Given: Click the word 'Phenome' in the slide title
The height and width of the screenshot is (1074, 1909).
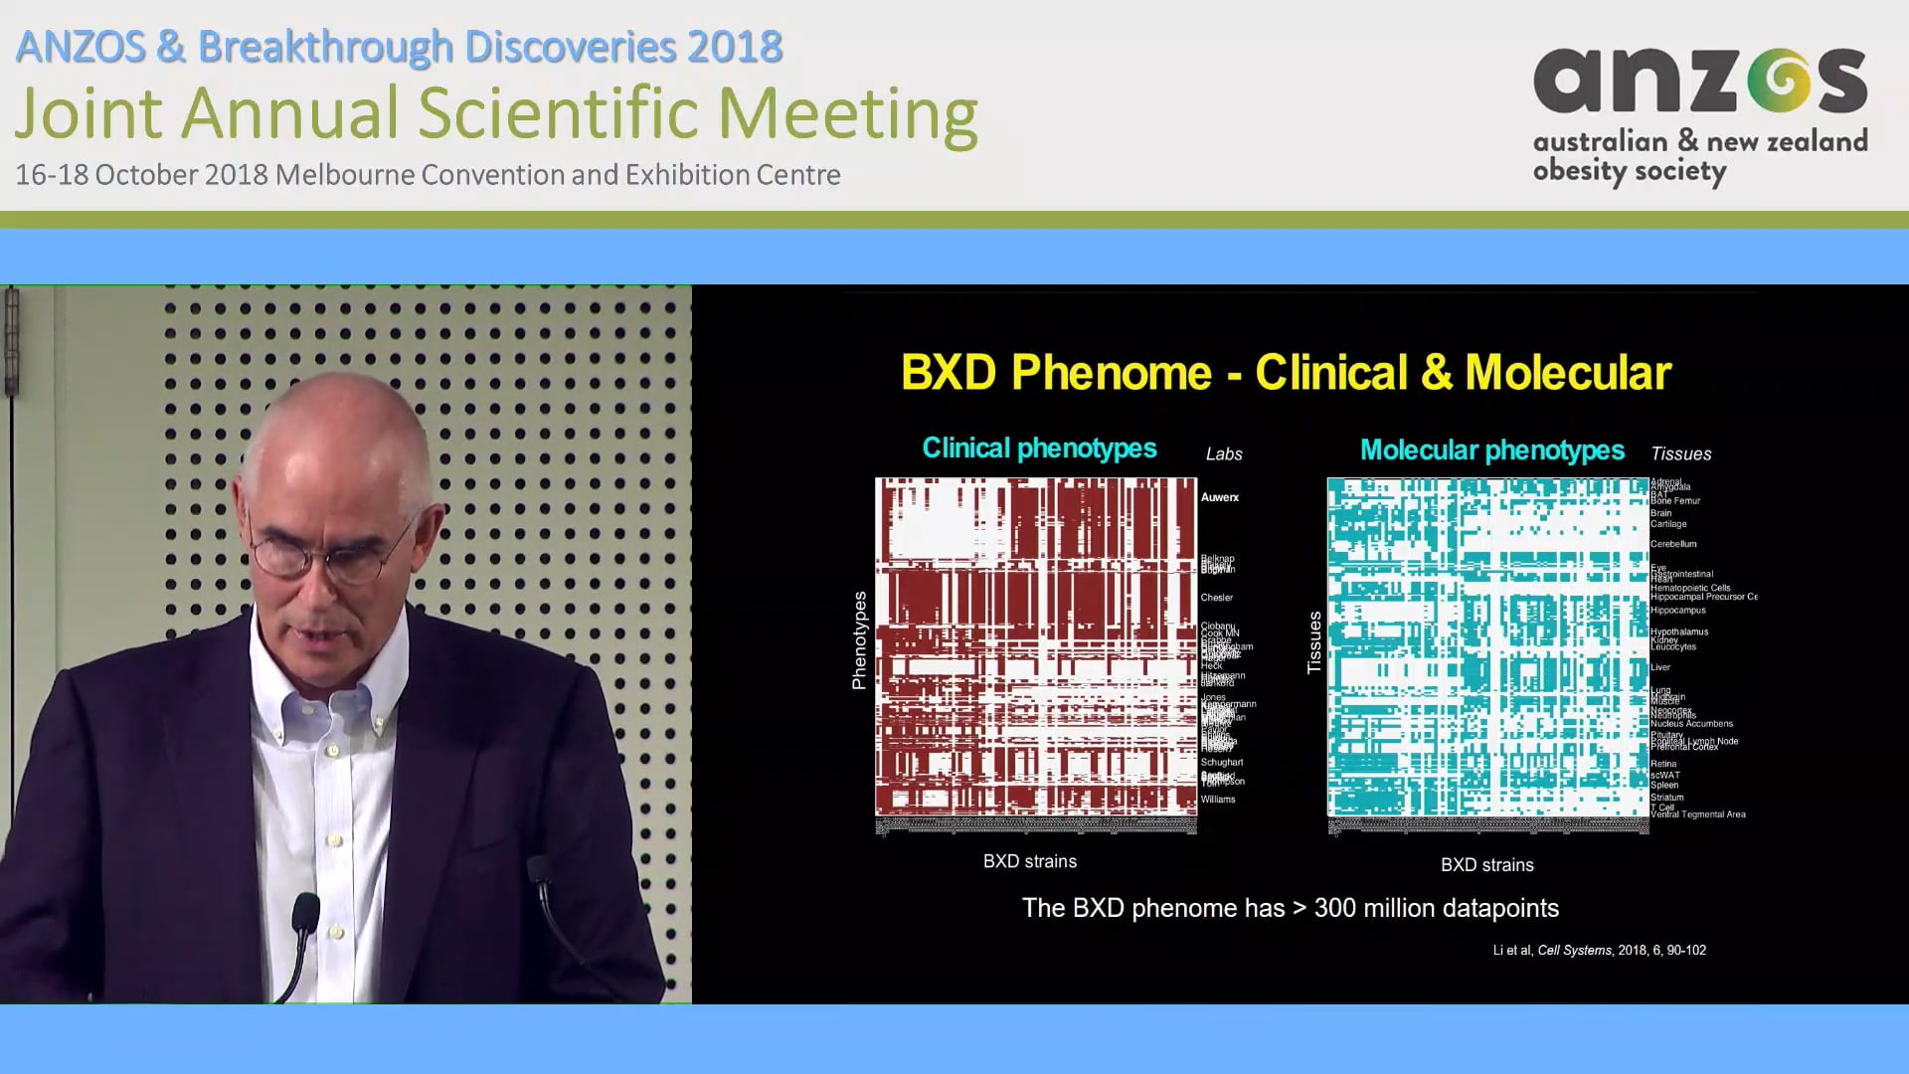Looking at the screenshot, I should click(x=1111, y=373).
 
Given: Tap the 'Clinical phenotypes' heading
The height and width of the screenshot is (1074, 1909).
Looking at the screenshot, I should click(x=1039, y=448).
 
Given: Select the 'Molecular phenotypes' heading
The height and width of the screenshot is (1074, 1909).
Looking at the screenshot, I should click(x=1491, y=450).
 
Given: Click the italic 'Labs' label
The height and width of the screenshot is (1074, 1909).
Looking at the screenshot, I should click(x=1224, y=454).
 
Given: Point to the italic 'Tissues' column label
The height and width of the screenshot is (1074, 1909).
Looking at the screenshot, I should click(x=1680, y=454).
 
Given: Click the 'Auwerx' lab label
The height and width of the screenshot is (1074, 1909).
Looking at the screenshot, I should click(x=1219, y=497).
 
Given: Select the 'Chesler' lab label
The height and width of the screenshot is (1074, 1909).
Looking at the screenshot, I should click(x=1216, y=598).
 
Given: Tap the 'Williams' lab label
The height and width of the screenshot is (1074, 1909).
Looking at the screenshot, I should click(x=1217, y=800).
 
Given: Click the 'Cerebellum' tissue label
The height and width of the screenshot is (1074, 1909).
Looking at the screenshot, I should click(x=1673, y=544).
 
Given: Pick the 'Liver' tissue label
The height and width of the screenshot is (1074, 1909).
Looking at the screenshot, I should click(x=1660, y=667).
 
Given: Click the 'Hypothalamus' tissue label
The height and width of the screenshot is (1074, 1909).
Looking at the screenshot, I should click(x=1679, y=631).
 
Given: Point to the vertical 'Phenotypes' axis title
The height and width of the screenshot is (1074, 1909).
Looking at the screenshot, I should click(x=859, y=640).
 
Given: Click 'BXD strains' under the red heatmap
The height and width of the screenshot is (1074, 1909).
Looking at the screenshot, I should click(x=1029, y=862).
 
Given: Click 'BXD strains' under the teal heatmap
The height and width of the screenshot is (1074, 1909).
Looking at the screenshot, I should click(x=1486, y=865).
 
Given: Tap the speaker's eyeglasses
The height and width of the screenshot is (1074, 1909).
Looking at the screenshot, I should click(x=328, y=557).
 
